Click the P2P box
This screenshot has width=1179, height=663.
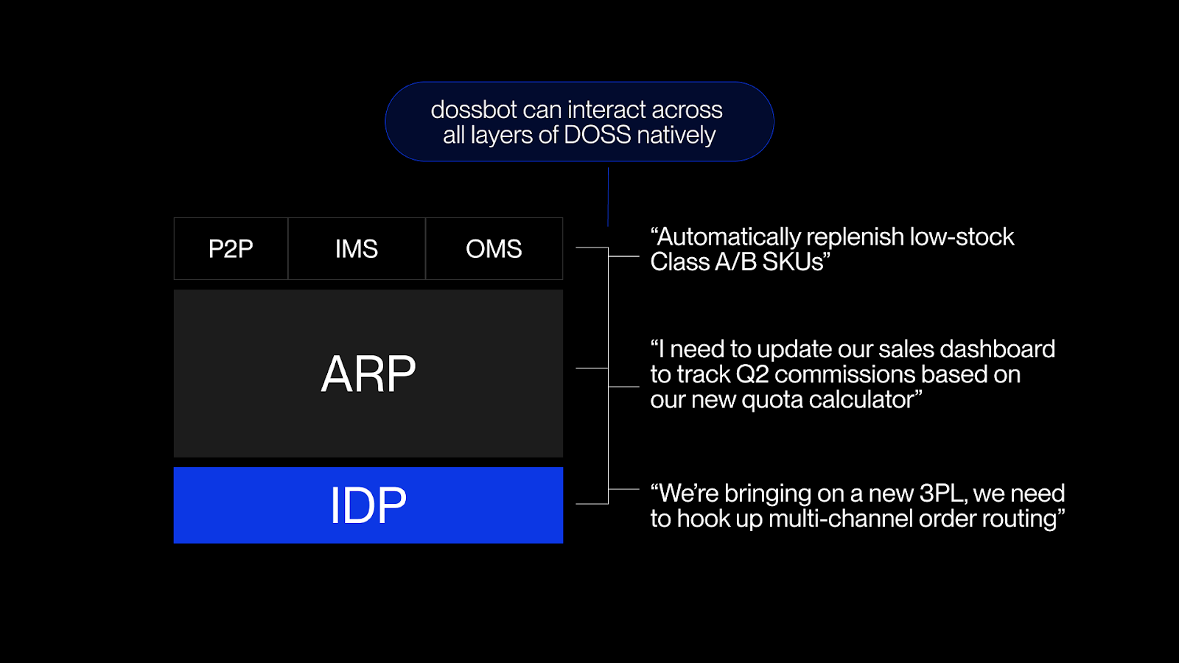[x=231, y=249]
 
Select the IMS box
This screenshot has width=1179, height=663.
[x=357, y=249]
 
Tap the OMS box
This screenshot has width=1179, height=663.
[x=494, y=249]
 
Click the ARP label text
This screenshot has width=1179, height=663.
[x=368, y=374]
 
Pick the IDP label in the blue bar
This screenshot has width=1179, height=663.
[x=368, y=505]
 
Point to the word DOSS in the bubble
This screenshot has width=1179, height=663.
[x=598, y=136]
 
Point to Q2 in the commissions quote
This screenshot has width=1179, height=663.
[x=752, y=374]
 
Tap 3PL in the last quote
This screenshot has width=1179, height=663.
[x=942, y=493]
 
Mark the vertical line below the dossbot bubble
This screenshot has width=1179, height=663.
[x=608, y=196]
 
